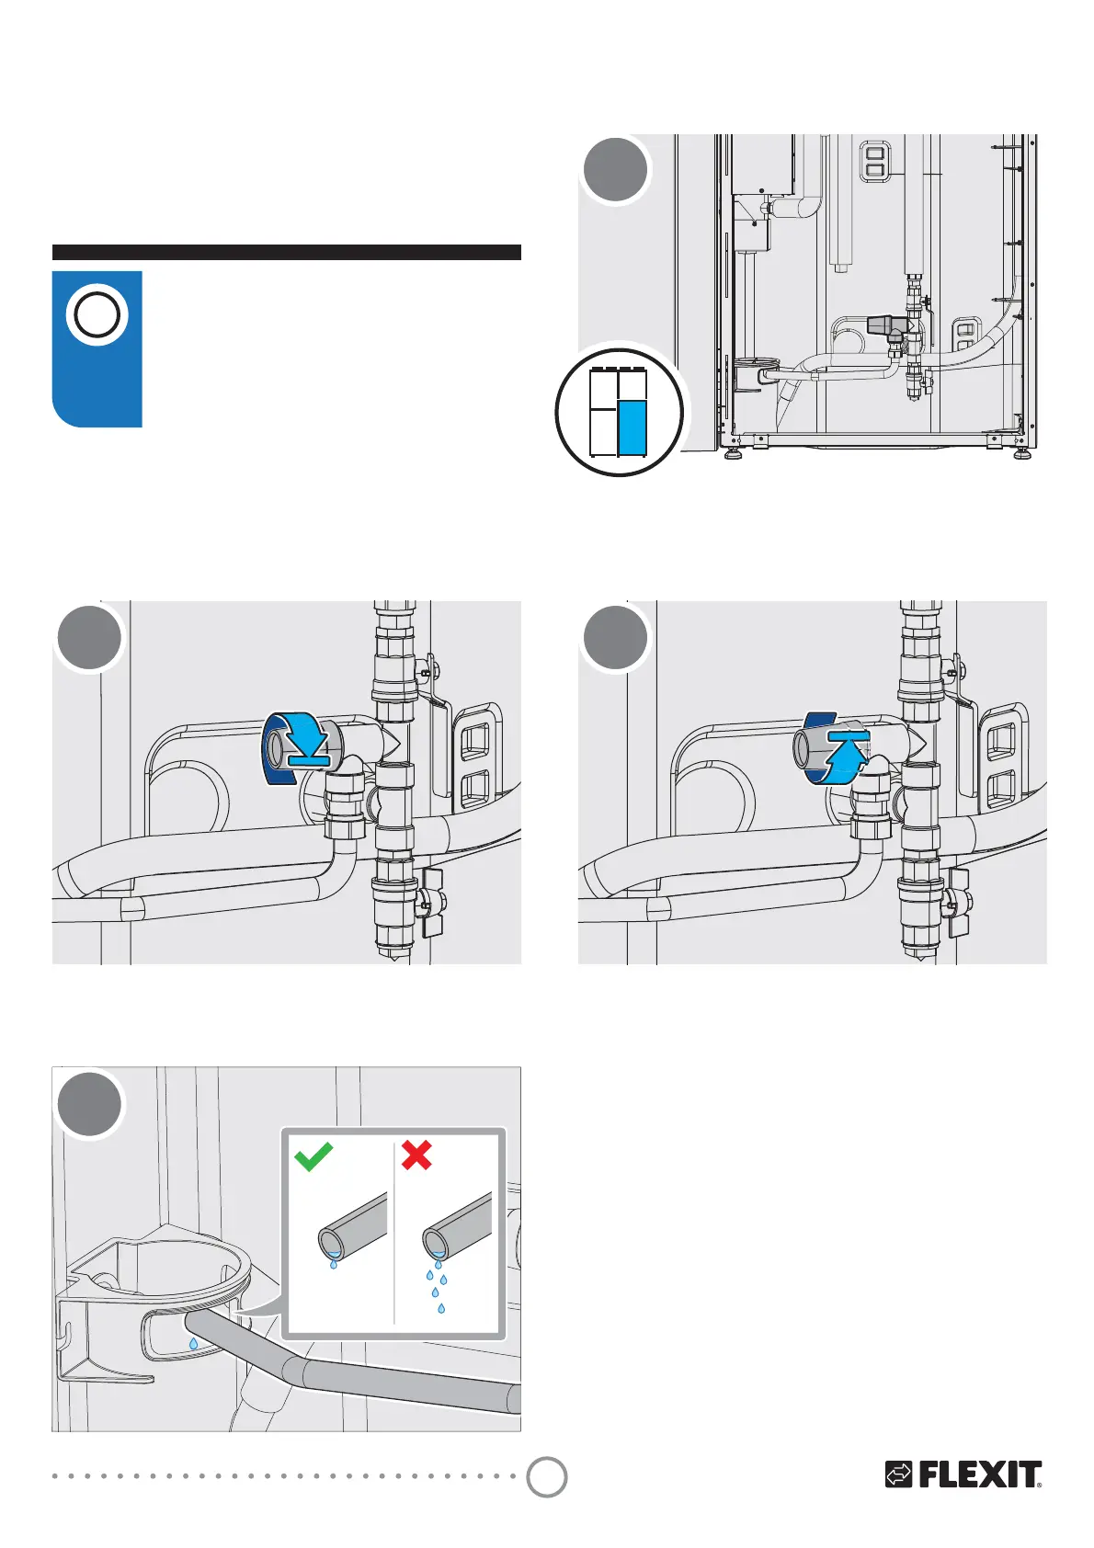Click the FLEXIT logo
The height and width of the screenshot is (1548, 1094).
(x=963, y=1474)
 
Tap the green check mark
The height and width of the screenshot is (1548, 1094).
(x=313, y=1155)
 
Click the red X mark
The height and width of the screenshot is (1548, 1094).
(x=416, y=1155)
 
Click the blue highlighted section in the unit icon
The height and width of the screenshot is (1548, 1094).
(x=632, y=427)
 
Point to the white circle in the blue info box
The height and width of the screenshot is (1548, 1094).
(x=97, y=315)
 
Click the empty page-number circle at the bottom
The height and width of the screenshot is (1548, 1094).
(x=547, y=1476)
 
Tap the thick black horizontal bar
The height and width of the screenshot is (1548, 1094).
(x=286, y=253)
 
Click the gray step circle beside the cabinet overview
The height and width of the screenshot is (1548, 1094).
(x=616, y=170)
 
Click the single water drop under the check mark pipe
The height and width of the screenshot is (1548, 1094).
(x=333, y=1264)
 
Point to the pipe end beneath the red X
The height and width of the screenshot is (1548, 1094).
(x=436, y=1243)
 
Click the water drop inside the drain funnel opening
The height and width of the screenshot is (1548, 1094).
(x=193, y=1344)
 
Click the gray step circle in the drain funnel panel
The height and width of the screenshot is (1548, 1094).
(x=89, y=1105)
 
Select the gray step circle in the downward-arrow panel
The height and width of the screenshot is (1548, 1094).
(x=89, y=638)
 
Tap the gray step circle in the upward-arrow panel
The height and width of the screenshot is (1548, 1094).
(x=616, y=638)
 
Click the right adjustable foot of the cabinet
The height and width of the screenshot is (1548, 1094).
(x=1022, y=453)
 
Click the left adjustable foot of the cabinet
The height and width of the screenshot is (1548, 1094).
(x=733, y=453)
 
